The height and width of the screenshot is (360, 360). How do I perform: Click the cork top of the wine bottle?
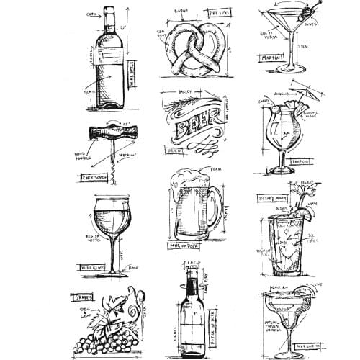[109, 12]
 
